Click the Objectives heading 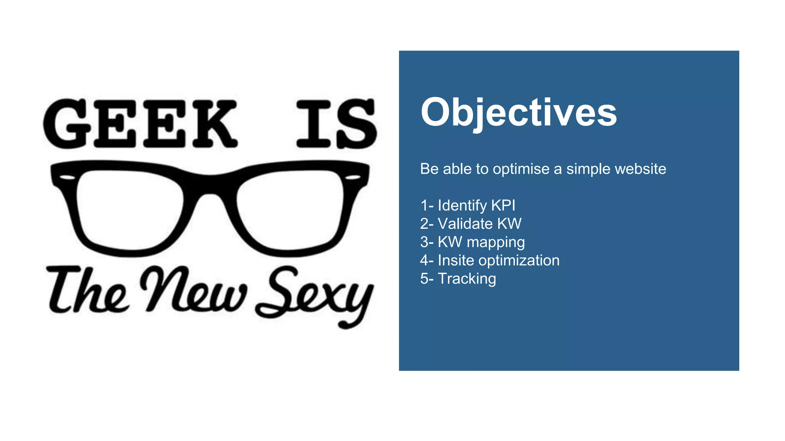click(x=518, y=113)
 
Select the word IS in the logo click(x=336, y=123)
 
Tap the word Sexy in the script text click(x=314, y=295)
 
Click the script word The click(x=86, y=291)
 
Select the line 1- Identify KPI click(x=468, y=206)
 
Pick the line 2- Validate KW click(x=471, y=224)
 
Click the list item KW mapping click(x=481, y=242)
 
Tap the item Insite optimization click(x=498, y=261)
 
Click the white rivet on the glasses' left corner click(x=68, y=177)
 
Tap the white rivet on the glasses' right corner click(x=353, y=177)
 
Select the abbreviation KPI click(x=503, y=206)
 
